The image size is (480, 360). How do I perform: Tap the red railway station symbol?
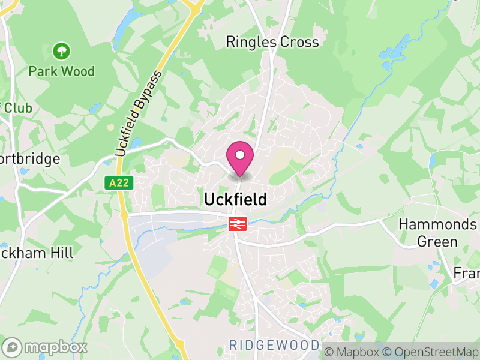tap(238, 224)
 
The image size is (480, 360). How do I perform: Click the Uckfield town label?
tap(235, 199)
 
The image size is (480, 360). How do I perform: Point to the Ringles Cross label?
tap(272, 42)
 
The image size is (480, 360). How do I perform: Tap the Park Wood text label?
tap(62, 71)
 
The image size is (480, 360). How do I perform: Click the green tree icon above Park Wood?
tap(61, 50)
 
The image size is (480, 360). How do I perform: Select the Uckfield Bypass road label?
tap(139, 114)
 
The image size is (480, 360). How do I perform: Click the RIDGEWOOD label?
tap(274, 345)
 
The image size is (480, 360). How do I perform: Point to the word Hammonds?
tap(437, 224)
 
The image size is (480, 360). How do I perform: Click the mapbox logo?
tap(45, 347)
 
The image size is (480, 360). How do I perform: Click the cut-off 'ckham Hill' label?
tap(37, 253)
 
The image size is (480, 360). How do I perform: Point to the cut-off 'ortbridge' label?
tap(30, 159)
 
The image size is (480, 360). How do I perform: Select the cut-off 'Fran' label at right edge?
tap(466, 273)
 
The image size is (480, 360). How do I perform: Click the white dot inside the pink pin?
tap(240, 155)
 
